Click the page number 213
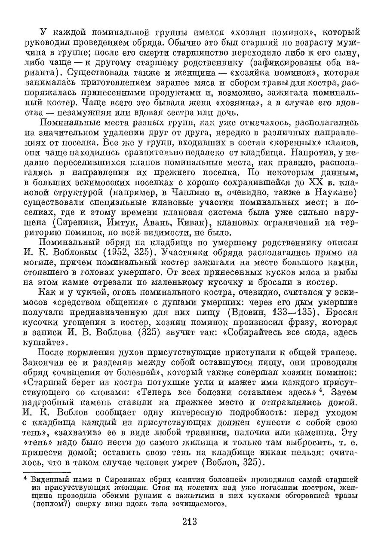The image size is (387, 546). point(189,522)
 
